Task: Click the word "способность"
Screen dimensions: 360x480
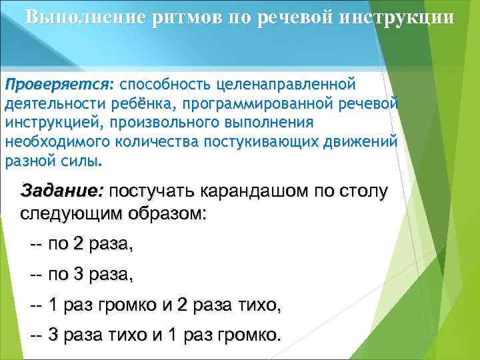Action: point(163,85)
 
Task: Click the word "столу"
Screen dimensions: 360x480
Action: point(359,192)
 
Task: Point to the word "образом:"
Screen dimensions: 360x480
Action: point(169,215)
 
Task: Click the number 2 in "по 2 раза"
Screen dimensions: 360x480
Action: point(79,245)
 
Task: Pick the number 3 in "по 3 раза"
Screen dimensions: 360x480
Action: point(79,275)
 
